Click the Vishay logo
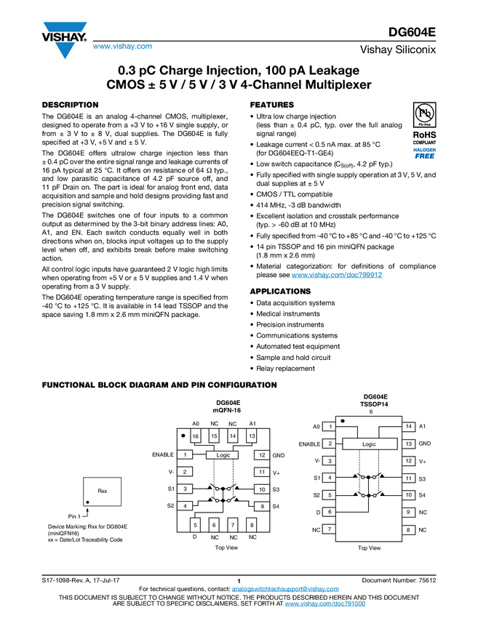[64, 40]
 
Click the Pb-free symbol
[425, 114]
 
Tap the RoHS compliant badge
[425, 145]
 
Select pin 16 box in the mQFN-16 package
[195, 436]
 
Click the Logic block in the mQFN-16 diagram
[223, 454]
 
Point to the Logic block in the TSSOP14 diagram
[369, 444]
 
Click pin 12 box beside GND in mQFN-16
[261, 455]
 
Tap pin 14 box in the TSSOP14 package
[409, 427]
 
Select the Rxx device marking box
[103, 491]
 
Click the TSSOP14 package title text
[370, 403]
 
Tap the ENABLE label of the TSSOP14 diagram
[309, 444]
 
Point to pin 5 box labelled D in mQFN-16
[195, 524]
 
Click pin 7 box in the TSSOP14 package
[330, 529]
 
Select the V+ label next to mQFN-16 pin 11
[276, 472]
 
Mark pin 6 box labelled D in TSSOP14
[330, 512]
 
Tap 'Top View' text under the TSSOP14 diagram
[369, 548]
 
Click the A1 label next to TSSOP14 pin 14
[422, 427]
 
